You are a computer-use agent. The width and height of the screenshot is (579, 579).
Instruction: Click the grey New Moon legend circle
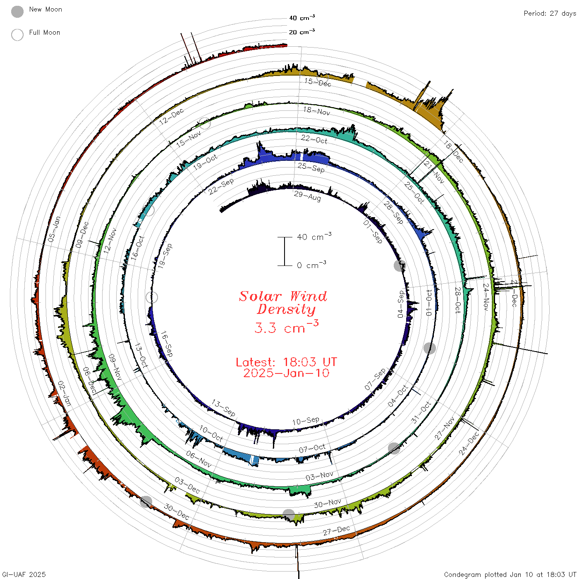click(x=17, y=12)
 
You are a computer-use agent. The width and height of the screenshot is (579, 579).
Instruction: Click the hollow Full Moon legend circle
click(x=17, y=35)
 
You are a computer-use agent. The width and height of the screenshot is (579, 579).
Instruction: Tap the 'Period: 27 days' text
click(x=550, y=14)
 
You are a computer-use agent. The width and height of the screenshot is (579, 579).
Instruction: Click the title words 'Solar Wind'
click(x=283, y=296)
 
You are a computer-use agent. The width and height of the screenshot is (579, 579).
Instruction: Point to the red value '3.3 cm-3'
click(x=286, y=327)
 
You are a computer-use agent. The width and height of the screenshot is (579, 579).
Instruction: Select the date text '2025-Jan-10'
click(x=286, y=373)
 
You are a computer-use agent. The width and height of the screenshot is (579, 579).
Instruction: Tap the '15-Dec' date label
click(x=318, y=82)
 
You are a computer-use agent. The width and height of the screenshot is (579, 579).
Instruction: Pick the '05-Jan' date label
click(x=54, y=229)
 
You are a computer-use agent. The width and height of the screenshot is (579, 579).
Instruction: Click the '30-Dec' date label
click(x=176, y=512)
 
